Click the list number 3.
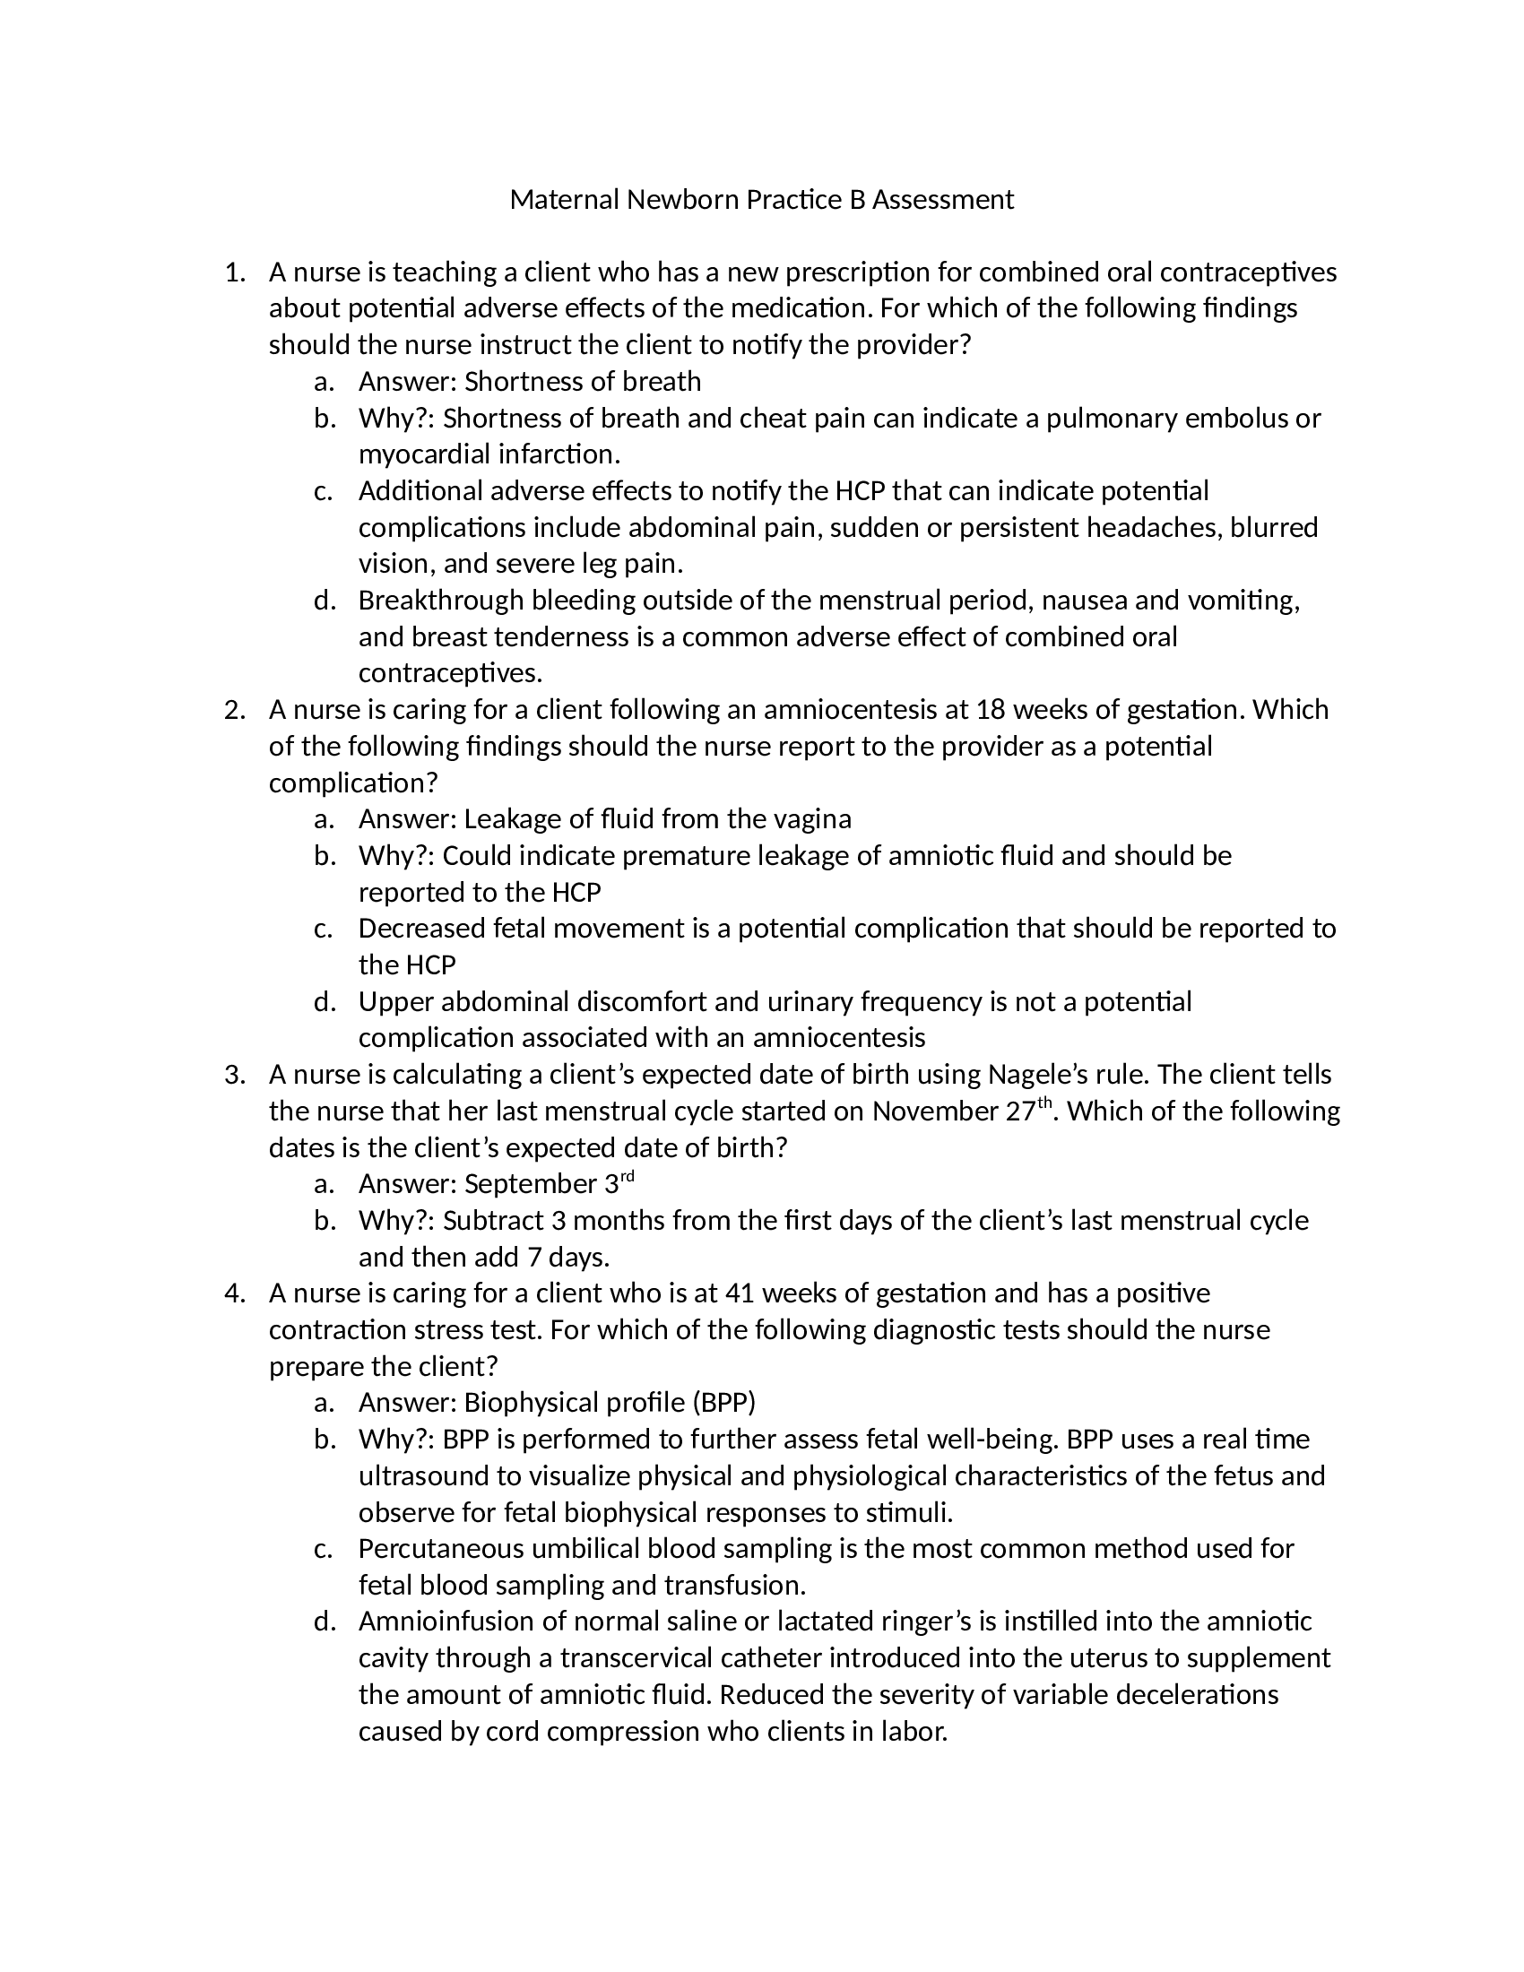[x=234, y=1075]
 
